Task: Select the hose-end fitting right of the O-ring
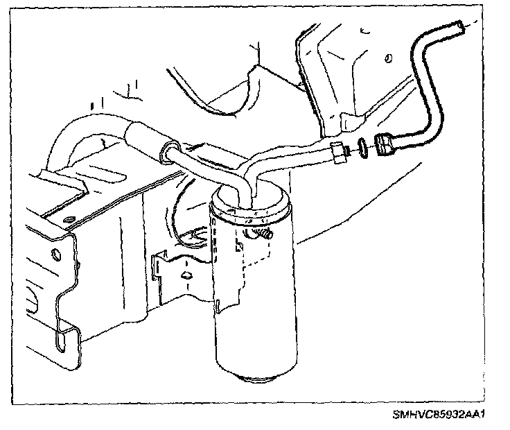pyautogui.click(x=385, y=144)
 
